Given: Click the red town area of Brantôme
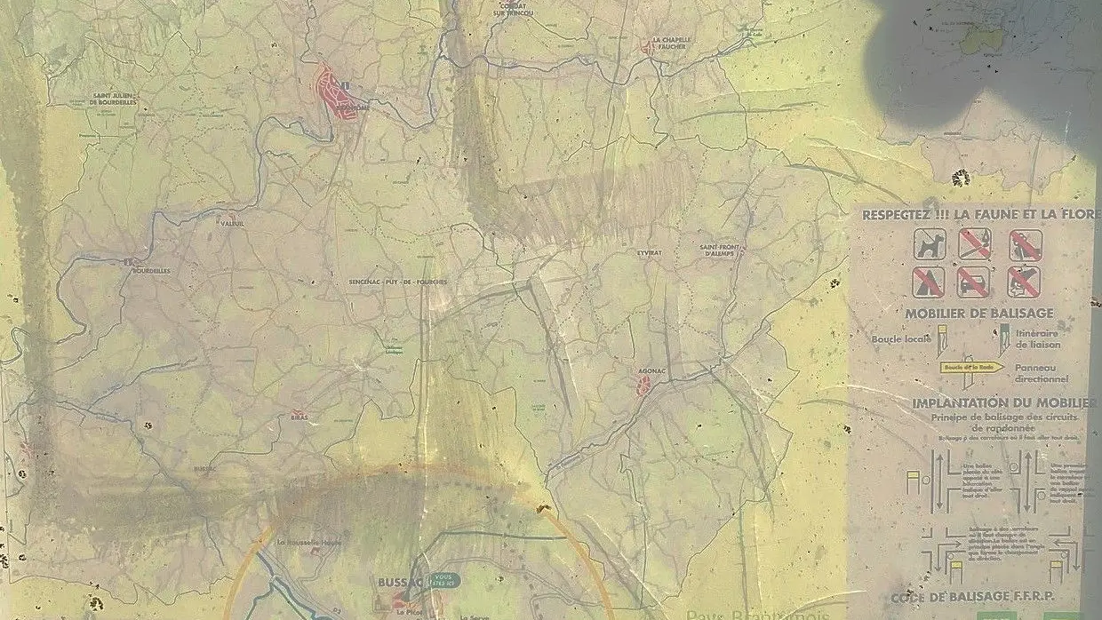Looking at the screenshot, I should click(336, 92).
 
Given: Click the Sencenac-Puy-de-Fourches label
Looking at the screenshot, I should click(397, 282).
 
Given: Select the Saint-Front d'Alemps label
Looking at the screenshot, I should click(720, 250).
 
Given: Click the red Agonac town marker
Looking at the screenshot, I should click(643, 384).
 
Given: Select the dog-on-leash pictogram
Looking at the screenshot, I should click(929, 243).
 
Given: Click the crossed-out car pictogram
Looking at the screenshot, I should click(974, 282).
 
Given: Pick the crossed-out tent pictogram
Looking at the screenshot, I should click(928, 282).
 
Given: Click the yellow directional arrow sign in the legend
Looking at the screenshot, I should click(971, 367).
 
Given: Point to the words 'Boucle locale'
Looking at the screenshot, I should click(901, 338).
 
